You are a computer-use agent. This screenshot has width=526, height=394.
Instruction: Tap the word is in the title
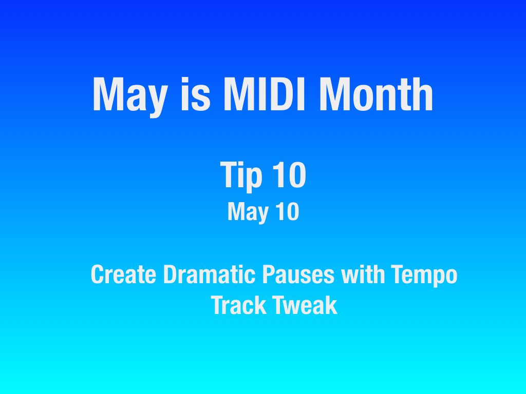point(195,94)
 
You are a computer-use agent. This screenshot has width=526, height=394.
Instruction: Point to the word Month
point(376,94)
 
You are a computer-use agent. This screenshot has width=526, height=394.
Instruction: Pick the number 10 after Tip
point(289,174)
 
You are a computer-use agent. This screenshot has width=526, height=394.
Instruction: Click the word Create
point(123,274)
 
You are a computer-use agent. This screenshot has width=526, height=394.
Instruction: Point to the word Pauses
point(298,274)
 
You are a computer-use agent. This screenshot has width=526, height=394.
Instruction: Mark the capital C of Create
point(98,274)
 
